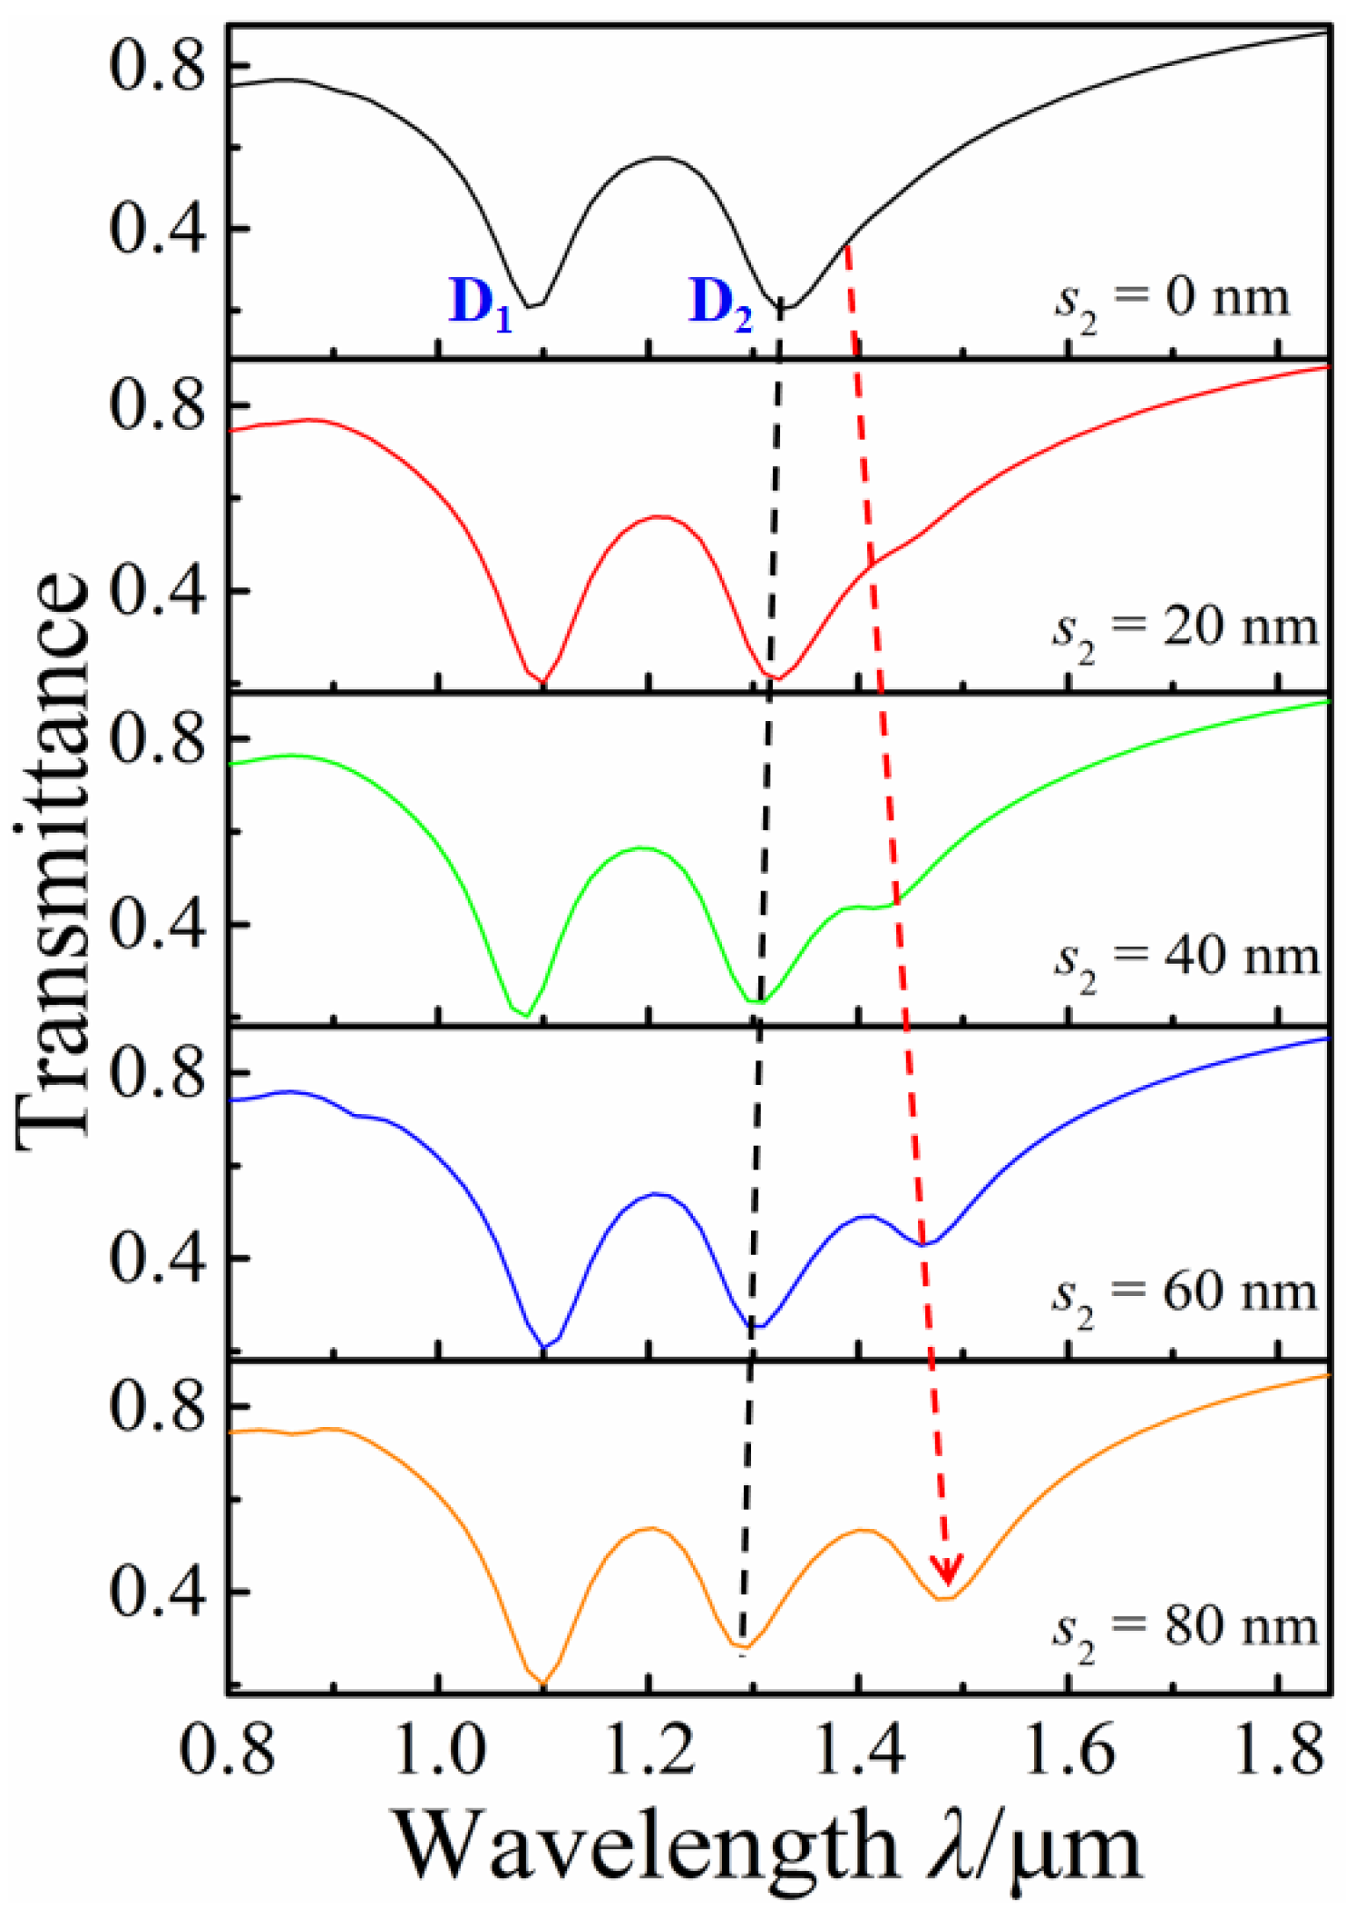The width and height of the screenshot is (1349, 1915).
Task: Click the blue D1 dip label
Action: point(481,304)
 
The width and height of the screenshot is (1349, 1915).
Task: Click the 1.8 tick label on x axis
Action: point(1280,1750)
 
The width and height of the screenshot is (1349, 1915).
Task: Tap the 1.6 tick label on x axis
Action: point(1069,1750)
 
